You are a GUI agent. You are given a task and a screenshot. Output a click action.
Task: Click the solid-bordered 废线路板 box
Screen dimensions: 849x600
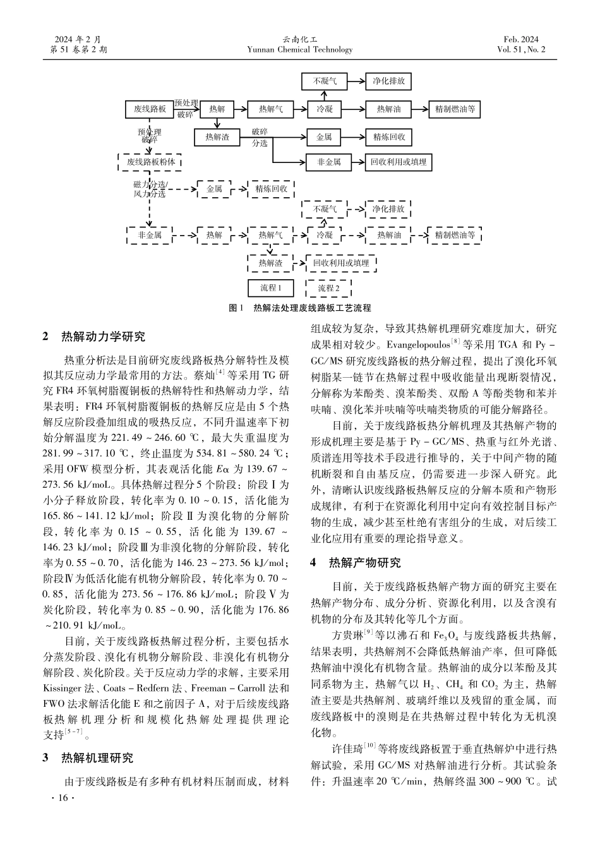150,109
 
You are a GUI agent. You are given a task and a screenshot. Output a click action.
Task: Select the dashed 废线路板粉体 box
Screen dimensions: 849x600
150,162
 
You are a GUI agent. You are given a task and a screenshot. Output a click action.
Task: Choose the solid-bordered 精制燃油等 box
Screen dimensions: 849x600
454,109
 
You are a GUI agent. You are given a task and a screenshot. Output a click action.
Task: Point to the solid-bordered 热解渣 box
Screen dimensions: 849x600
217,136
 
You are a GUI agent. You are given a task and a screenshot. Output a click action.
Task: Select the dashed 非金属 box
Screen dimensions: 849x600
150,236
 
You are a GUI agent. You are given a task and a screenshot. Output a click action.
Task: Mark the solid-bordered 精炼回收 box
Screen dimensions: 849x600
388,136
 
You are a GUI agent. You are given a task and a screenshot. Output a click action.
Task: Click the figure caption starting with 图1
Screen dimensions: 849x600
299,308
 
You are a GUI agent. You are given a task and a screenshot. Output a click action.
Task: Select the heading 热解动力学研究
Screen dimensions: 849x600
103,336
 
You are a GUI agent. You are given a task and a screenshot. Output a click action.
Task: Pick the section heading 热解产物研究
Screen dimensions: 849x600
365,562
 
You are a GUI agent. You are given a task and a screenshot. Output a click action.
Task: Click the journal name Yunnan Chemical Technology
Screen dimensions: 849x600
299,50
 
